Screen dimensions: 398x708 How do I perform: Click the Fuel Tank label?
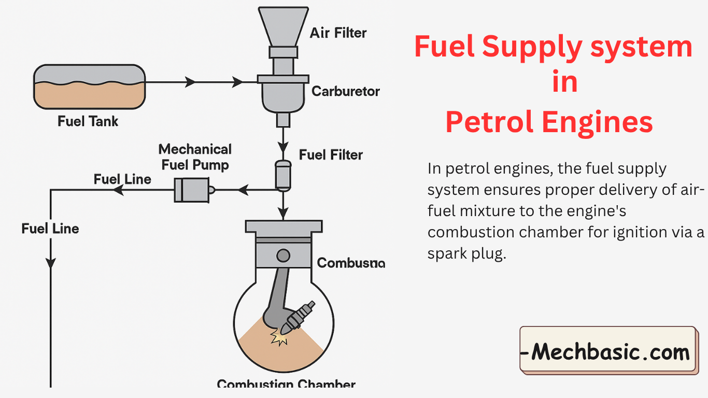click(88, 122)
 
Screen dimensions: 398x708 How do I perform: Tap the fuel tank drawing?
click(89, 87)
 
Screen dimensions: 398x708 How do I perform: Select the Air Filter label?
click(338, 33)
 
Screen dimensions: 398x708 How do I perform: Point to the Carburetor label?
click(345, 92)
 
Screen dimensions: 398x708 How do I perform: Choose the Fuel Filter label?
click(331, 154)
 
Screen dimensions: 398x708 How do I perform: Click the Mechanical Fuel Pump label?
click(195, 157)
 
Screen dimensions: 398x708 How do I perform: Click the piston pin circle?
click(283, 255)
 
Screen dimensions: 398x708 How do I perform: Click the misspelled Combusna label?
click(351, 263)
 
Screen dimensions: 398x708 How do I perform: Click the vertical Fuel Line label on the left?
click(50, 229)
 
